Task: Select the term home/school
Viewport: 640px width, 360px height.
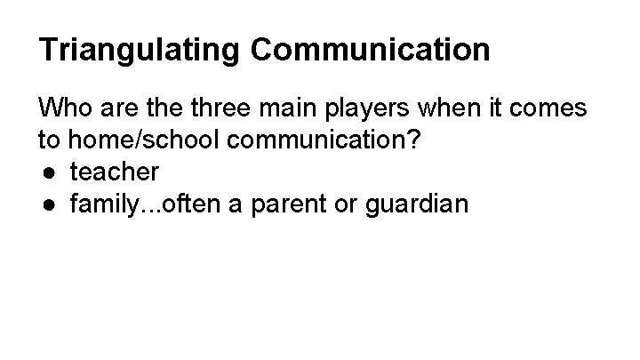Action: (133, 140)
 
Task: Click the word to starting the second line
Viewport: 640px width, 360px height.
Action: (48, 140)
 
